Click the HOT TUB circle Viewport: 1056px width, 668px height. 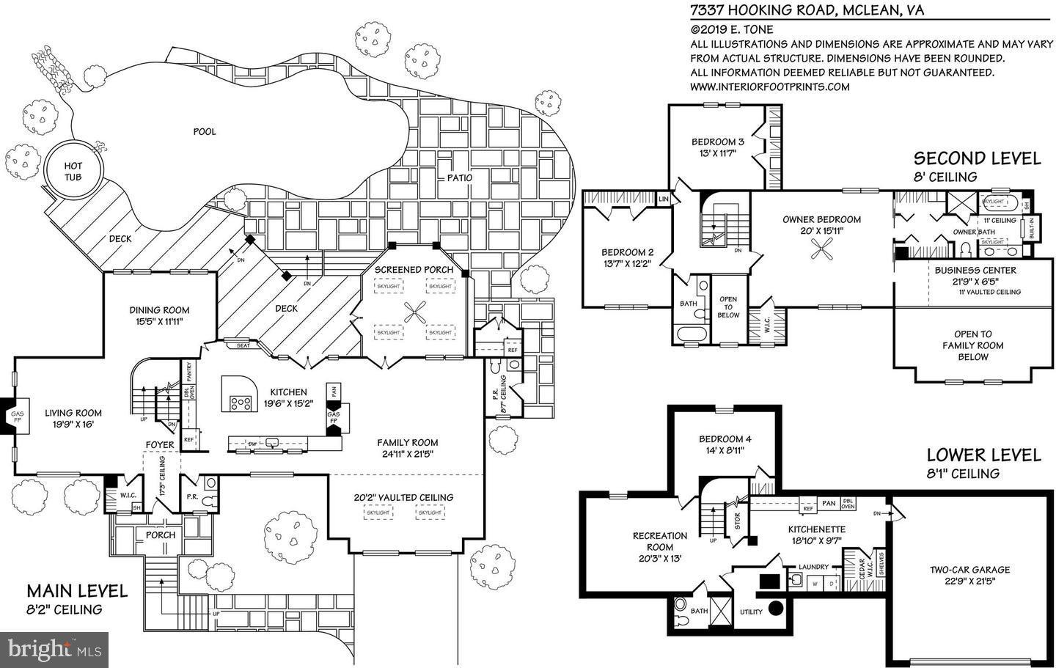(x=73, y=172)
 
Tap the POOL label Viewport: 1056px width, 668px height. (x=205, y=131)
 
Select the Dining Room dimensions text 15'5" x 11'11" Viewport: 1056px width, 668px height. (x=160, y=321)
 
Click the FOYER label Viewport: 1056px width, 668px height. (x=160, y=445)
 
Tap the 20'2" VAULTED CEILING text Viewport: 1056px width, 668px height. (x=403, y=497)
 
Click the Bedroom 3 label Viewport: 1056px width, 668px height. (x=718, y=142)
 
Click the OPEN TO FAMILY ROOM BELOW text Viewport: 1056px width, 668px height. (x=973, y=345)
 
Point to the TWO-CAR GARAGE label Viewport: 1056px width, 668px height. (x=969, y=569)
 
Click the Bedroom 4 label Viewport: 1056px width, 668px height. (x=725, y=439)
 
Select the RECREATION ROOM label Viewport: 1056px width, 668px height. (x=660, y=541)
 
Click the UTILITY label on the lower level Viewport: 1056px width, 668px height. (x=750, y=612)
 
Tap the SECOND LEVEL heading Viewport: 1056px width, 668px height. (x=976, y=158)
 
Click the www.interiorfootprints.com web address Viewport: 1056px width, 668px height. (x=770, y=87)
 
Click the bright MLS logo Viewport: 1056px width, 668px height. (x=55, y=649)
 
